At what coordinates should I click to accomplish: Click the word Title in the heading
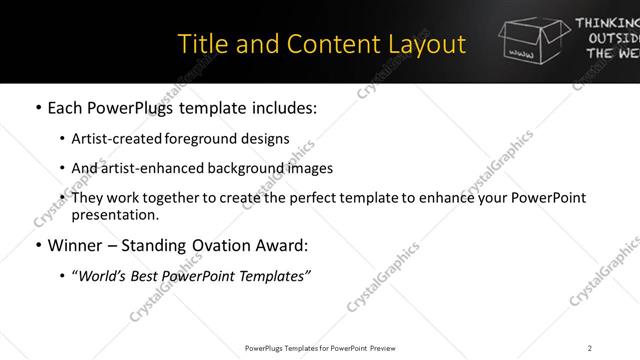(198, 44)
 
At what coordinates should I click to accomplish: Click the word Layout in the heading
(427, 44)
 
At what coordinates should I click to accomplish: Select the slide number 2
(590, 347)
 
